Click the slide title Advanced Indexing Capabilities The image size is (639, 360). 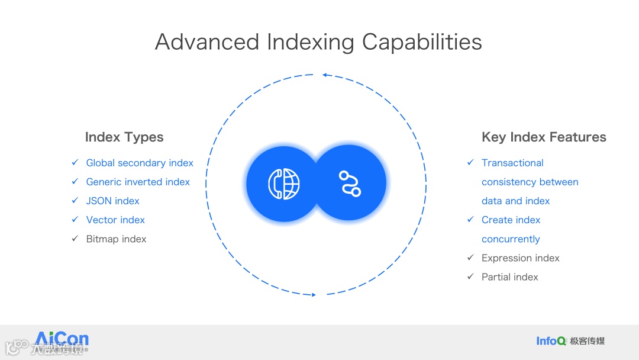(x=318, y=42)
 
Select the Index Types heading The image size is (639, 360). (x=124, y=137)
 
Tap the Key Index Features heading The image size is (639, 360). (x=544, y=137)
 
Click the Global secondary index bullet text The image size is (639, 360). (x=140, y=163)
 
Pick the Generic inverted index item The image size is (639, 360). (x=138, y=182)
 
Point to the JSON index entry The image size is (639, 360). (x=112, y=201)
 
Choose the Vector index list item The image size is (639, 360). (x=115, y=220)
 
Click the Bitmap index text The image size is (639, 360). (x=116, y=239)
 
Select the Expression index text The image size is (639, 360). (x=520, y=258)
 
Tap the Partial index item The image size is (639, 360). (x=509, y=277)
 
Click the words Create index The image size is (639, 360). (x=511, y=220)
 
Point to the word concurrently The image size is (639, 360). (x=511, y=239)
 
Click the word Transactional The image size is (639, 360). (x=512, y=163)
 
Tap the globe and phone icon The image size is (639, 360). (x=284, y=184)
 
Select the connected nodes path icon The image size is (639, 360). (x=349, y=184)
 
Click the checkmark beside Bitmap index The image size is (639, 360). (x=75, y=239)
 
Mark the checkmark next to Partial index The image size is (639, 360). (x=470, y=277)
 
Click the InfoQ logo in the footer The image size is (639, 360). (x=550, y=340)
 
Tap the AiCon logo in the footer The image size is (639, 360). (x=62, y=340)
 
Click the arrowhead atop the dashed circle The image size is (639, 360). (x=325, y=75)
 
